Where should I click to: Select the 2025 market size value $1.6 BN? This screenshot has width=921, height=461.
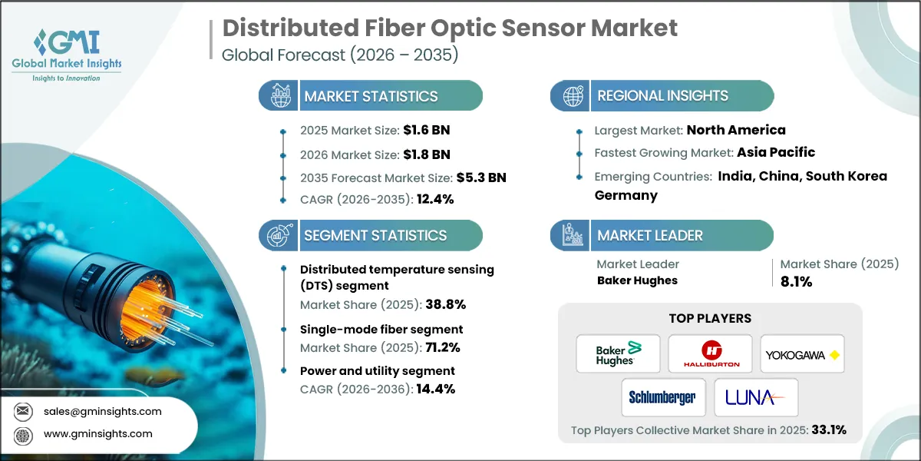421,130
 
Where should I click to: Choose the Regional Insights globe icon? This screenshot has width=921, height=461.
572,96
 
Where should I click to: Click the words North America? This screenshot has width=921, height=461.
735,130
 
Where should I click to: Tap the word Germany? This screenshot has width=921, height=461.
626,195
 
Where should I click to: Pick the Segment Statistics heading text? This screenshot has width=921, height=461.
375,236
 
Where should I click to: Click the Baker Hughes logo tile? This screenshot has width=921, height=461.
618,353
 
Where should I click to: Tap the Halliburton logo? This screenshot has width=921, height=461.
710,353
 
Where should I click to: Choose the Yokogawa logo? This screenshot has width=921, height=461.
802,353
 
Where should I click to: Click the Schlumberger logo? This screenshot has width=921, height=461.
662,397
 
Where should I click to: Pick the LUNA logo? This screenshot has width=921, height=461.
756,397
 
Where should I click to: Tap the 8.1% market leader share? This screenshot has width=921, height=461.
796,281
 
